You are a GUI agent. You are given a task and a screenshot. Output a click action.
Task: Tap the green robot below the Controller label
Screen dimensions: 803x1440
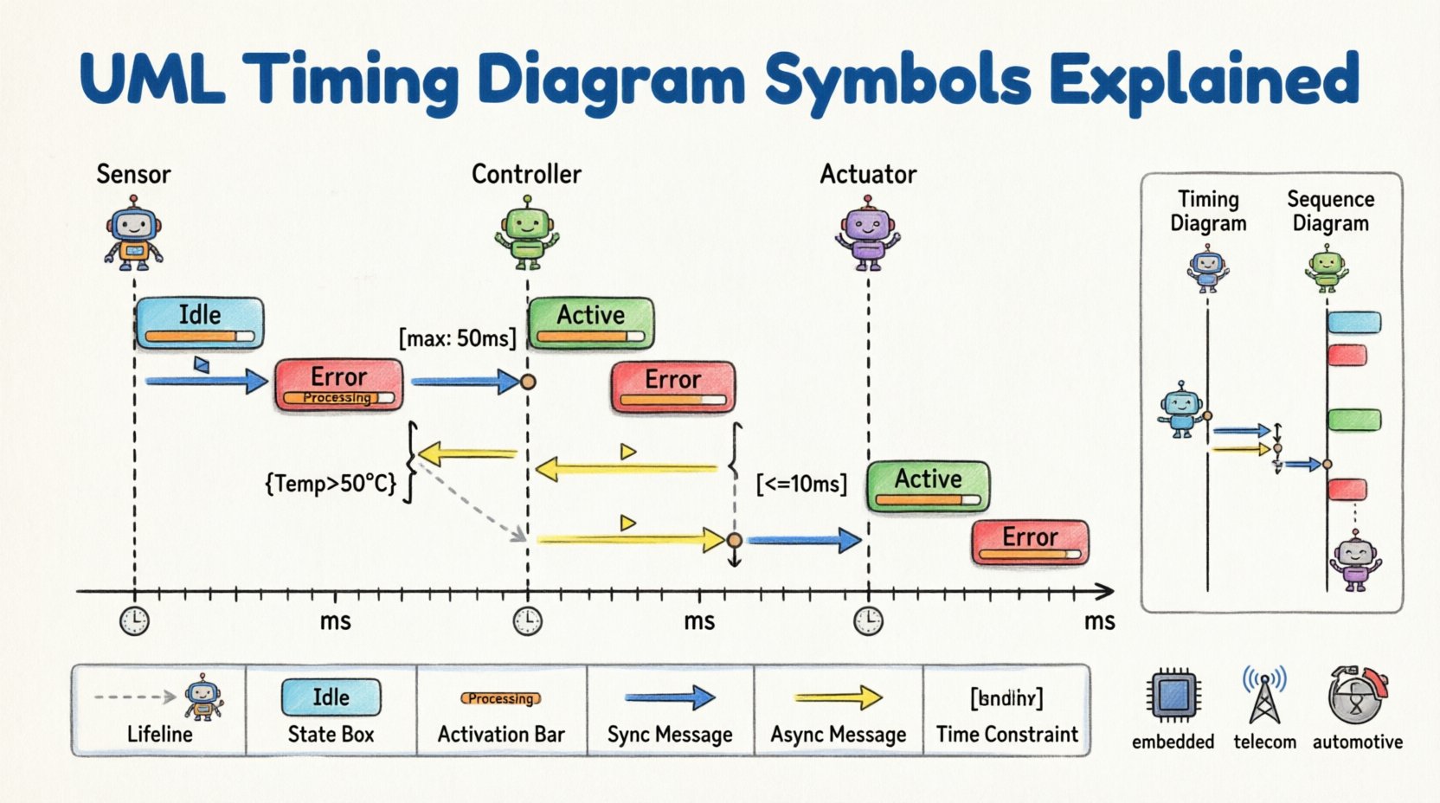527,232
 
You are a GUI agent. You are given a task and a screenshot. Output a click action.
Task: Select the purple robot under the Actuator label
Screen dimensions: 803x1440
867,232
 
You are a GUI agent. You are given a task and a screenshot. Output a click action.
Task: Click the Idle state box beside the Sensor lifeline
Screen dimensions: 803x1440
200,322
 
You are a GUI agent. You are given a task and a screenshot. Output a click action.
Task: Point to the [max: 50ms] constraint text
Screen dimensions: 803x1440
457,337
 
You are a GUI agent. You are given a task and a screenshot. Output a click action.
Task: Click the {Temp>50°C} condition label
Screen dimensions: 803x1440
331,483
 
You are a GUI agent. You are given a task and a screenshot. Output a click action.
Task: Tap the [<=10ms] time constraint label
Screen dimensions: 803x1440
801,484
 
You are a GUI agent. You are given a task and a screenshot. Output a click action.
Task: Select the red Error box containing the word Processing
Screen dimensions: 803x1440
338,384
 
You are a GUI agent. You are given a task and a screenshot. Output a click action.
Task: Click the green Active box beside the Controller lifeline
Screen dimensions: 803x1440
591,323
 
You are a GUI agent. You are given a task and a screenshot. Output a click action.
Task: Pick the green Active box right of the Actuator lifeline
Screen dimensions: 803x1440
928,486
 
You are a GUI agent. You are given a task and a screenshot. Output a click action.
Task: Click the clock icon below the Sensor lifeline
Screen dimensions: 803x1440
134,620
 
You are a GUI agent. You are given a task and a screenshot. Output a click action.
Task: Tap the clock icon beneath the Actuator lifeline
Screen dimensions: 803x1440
868,620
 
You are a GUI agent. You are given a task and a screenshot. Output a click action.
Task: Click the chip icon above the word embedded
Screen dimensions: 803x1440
1173,695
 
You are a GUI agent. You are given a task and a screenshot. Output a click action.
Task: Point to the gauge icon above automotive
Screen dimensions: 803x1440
1356,695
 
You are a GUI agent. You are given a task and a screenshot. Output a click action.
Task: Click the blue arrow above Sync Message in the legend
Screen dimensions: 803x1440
670,697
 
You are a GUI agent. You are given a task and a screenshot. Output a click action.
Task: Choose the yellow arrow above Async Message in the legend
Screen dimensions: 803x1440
838,697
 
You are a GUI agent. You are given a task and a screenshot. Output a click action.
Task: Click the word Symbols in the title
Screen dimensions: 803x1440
897,80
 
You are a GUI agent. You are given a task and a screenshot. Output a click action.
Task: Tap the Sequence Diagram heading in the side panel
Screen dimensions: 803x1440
1330,211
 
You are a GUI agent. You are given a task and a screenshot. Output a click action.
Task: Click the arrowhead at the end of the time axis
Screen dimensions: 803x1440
1105,592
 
